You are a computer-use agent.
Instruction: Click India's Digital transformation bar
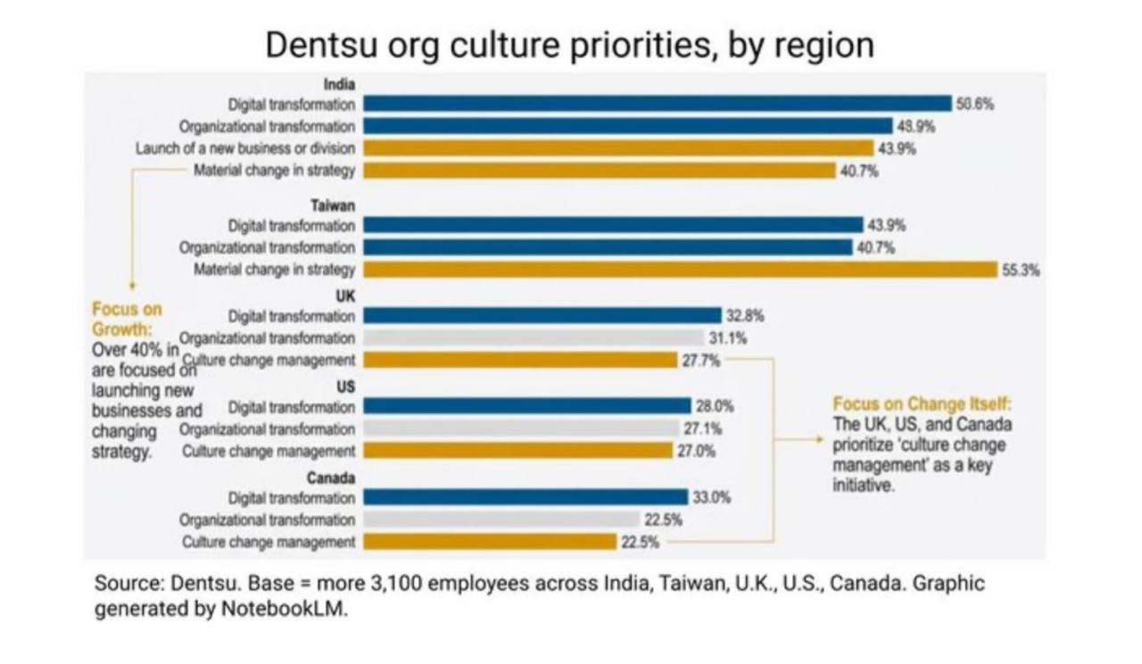[x=658, y=104]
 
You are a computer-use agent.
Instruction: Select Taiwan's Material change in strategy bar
[x=680, y=270]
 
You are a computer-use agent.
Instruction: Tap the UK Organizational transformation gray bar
[x=534, y=337]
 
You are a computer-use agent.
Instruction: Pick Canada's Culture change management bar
[x=490, y=542]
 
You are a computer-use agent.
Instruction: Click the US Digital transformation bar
[x=527, y=406]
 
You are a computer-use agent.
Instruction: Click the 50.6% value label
[x=975, y=104]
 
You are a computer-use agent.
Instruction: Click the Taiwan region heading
[x=338, y=205]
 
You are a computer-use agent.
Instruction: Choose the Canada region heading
[x=335, y=477]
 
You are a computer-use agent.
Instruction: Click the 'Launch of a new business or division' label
[x=245, y=148]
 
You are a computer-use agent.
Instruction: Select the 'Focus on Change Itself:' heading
[x=923, y=403]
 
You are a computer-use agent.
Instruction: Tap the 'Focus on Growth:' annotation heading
[x=127, y=319]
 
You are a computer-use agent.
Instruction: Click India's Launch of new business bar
[x=618, y=148]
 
